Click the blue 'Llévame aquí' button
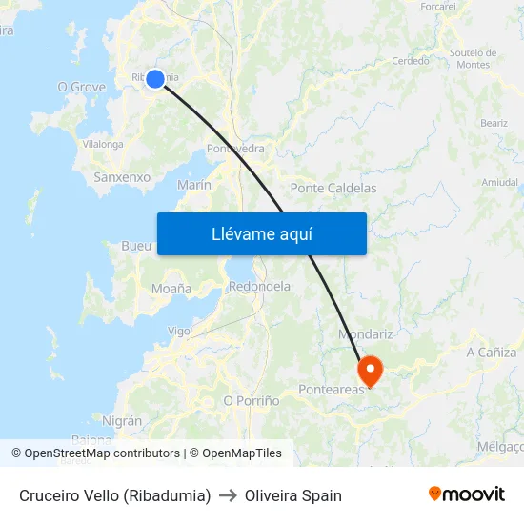(261, 233)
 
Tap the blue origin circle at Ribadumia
(155, 79)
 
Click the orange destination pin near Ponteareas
(369, 370)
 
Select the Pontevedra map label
(235, 149)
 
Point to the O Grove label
(82, 87)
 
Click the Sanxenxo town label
(122, 177)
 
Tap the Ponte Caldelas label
(333, 189)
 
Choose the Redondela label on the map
(260, 286)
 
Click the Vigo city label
(179, 332)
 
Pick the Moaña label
(171, 289)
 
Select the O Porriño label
(252, 401)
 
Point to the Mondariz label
(366, 334)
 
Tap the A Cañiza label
(491, 353)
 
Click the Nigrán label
(121, 421)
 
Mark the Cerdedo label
(411, 60)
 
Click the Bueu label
(136, 246)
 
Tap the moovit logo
(467, 494)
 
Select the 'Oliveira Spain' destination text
(293, 495)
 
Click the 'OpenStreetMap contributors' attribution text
(102, 453)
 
